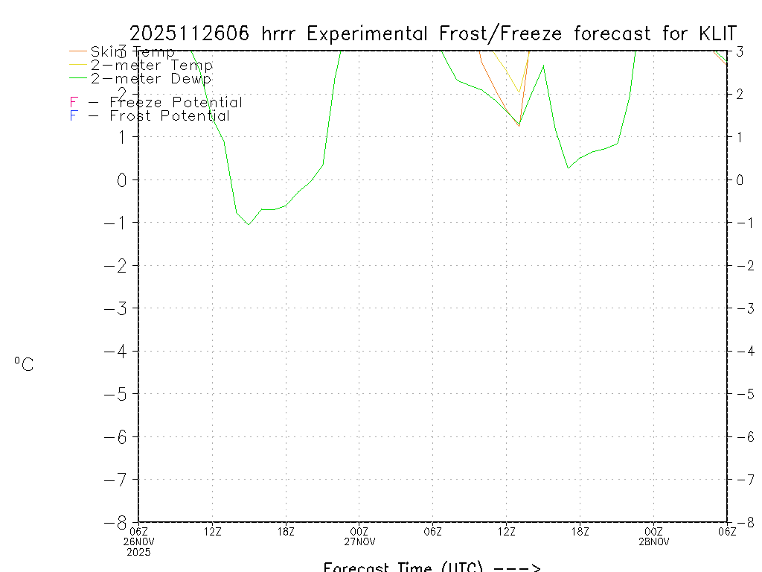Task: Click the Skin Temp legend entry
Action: click(132, 52)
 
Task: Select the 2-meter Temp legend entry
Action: click(151, 66)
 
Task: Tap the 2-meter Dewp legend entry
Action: click(150, 78)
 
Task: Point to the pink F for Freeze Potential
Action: click(74, 103)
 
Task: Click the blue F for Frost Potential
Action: click(74, 116)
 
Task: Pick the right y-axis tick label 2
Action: click(740, 94)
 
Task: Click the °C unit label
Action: click(24, 364)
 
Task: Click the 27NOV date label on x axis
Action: click(359, 541)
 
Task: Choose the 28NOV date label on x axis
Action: click(654, 541)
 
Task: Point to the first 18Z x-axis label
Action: click(286, 531)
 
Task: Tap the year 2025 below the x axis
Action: click(138, 553)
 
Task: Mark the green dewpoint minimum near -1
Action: click(249, 224)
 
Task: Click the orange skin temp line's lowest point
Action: click(519, 126)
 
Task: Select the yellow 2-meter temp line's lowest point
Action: click(519, 93)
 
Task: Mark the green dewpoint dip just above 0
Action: click(568, 168)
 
